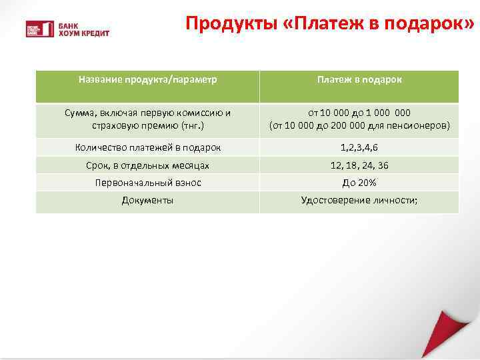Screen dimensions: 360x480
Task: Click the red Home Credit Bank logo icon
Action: click(x=39, y=28)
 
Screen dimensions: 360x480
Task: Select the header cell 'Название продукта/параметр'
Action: click(x=148, y=79)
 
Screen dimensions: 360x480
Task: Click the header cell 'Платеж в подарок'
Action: click(x=359, y=79)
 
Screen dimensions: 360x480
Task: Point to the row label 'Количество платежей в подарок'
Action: click(x=148, y=147)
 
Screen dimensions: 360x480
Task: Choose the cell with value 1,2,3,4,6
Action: click(x=359, y=147)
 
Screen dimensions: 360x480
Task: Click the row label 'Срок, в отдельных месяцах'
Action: click(x=148, y=165)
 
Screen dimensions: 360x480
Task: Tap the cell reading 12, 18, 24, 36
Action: click(x=359, y=165)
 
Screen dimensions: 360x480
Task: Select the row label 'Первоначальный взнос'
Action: click(x=148, y=182)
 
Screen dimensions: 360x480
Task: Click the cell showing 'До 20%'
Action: click(x=359, y=182)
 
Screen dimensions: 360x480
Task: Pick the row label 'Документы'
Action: click(x=148, y=199)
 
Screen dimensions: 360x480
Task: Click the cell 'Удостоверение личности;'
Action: click(x=359, y=199)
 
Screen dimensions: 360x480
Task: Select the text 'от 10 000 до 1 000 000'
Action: click(x=359, y=113)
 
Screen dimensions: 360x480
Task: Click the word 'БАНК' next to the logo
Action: click(x=69, y=24)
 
